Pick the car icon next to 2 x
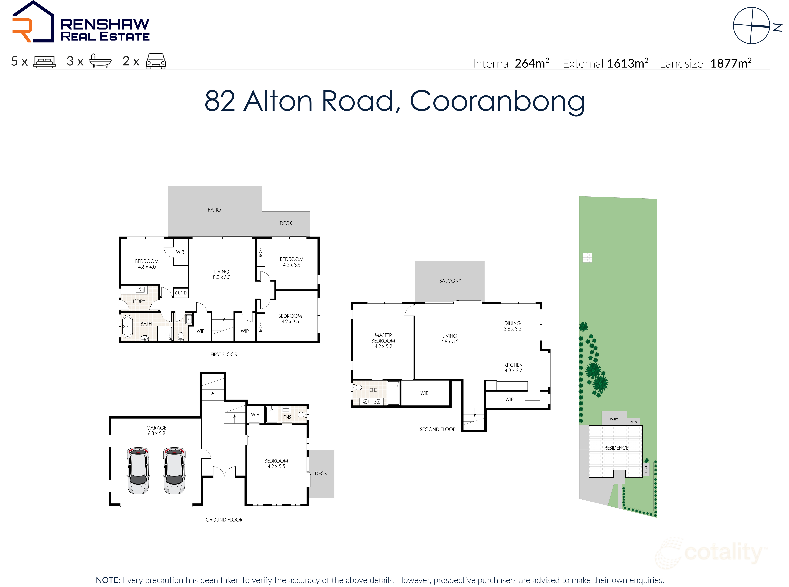coord(156,61)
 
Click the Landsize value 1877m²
coord(730,63)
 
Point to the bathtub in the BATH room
coord(127,326)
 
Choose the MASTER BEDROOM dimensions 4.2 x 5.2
coord(383,346)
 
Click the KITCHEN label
coord(513,365)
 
